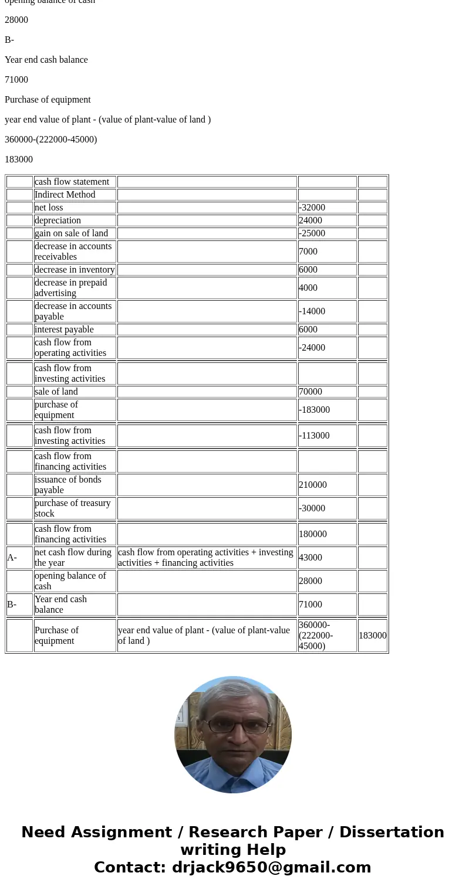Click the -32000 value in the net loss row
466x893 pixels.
pos(312,208)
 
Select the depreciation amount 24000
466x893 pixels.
pos(310,220)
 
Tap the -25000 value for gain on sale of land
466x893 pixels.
pos(312,233)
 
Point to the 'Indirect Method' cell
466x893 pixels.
pos(65,195)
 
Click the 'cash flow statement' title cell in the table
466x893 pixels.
pos(72,182)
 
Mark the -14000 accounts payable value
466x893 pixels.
pos(312,311)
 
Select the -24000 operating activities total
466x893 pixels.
pos(312,348)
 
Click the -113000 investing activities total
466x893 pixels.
pos(314,436)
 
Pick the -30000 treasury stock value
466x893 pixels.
pos(312,508)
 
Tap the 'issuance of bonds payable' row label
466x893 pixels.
pos(67,485)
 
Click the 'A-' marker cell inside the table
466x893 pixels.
pos(12,558)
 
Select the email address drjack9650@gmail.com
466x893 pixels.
pos(271,868)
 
